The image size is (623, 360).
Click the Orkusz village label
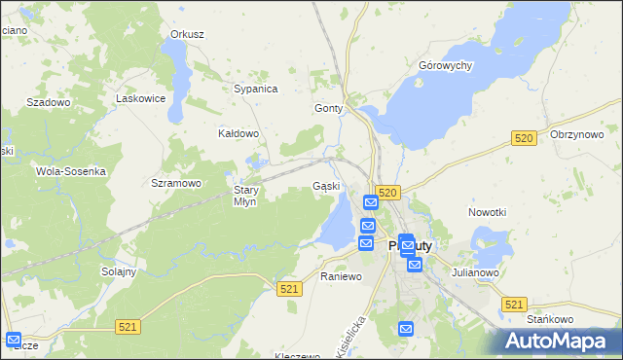pyautogui.click(x=187, y=34)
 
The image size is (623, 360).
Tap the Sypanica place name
pyautogui.click(x=256, y=89)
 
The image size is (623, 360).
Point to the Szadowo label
pyautogui.click(x=49, y=102)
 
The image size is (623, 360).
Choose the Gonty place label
pyautogui.click(x=329, y=109)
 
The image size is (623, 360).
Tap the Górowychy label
pyautogui.click(x=445, y=66)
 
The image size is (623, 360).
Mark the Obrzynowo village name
pyautogui.click(x=577, y=135)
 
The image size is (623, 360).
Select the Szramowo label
pyautogui.click(x=176, y=183)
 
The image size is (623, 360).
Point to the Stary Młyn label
pyautogui.click(x=244, y=196)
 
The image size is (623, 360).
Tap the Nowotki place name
pyautogui.click(x=487, y=212)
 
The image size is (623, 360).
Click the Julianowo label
pyautogui.click(x=475, y=273)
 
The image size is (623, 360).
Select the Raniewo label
pyautogui.click(x=341, y=276)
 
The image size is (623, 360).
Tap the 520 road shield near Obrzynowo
pyautogui.click(x=524, y=139)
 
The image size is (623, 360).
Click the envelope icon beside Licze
pyautogui.click(x=14, y=340)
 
